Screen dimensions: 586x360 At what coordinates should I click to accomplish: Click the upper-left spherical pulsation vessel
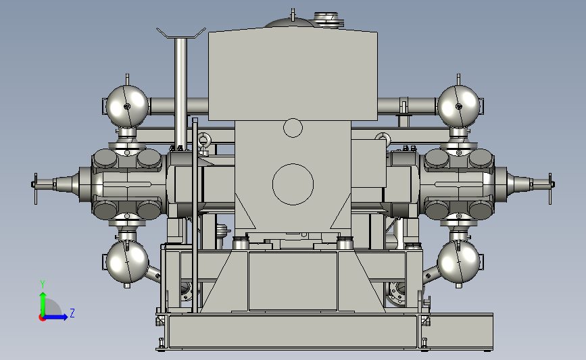tap(127, 106)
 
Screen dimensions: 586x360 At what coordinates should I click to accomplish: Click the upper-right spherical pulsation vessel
tap(458, 106)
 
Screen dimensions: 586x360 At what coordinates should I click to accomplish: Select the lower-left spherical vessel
tap(128, 262)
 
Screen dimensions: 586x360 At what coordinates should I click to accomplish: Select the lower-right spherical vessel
tap(458, 262)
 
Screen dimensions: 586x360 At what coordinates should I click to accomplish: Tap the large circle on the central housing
tap(293, 184)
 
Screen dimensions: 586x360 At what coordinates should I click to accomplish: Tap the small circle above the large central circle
tap(293, 128)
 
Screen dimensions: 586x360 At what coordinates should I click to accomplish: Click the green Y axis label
tap(43, 284)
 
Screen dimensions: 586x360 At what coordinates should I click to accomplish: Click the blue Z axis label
tap(72, 313)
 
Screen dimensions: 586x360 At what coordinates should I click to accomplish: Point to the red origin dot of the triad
tap(42, 318)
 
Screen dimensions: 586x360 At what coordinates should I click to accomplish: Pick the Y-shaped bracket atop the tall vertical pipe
tap(181, 34)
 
